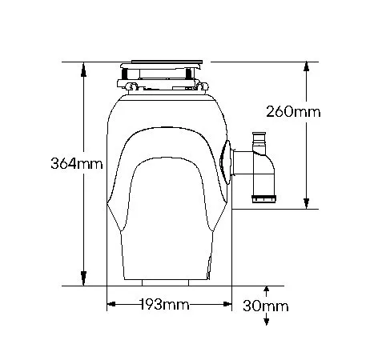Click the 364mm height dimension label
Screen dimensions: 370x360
77,163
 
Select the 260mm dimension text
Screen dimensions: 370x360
293,112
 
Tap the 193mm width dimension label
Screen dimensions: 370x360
164,304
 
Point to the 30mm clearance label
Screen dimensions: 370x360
266,306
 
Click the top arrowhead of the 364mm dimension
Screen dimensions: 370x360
83,70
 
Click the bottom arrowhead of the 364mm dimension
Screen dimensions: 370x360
83,278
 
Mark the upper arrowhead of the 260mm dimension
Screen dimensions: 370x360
307,68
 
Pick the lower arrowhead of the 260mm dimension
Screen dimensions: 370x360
307,203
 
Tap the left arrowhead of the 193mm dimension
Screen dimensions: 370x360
111,304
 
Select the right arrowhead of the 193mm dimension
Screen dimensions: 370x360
227,304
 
